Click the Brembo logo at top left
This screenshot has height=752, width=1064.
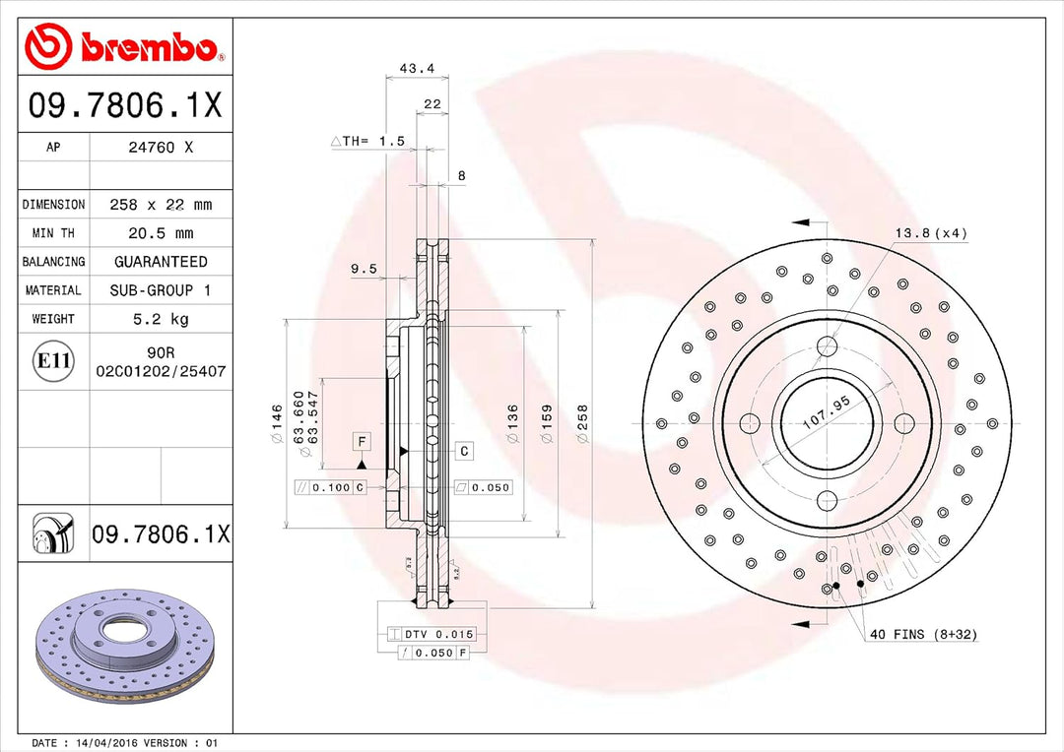click(x=121, y=46)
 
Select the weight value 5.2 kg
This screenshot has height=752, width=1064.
click(x=161, y=319)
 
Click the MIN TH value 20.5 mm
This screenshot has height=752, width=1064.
click(x=161, y=233)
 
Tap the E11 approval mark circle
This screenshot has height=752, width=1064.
click(x=53, y=361)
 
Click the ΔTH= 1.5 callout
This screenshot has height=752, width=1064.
click(x=368, y=142)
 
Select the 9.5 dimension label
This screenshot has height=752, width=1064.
click(x=364, y=268)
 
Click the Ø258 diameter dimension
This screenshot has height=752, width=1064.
click(x=582, y=422)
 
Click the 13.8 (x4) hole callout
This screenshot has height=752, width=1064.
click(x=931, y=233)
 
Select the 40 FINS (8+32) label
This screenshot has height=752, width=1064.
click(x=923, y=635)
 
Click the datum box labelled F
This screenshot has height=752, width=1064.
click(x=363, y=441)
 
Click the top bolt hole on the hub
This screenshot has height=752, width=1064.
click(x=827, y=346)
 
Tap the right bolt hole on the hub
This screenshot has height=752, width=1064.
click(x=903, y=423)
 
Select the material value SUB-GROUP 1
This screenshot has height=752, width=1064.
click(x=161, y=290)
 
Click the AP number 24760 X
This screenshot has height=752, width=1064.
click(x=161, y=148)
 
